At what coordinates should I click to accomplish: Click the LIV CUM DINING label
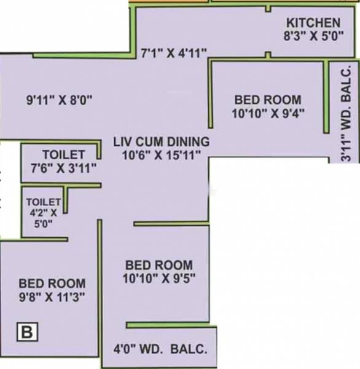click(162, 141)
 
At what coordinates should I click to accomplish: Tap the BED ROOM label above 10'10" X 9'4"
click(268, 100)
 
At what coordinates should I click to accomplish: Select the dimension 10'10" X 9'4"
click(268, 113)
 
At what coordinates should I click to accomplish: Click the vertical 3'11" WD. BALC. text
click(347, 114)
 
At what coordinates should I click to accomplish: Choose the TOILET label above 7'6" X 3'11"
click(63, 154)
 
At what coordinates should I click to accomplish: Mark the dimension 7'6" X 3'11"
click(63, 167)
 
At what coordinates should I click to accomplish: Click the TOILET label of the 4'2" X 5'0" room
click(43, 201)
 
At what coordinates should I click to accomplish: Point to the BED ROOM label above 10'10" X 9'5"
click(158, 264)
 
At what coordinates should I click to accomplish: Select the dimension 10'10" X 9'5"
click(158, 277)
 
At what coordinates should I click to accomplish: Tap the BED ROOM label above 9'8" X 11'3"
click(52, 284)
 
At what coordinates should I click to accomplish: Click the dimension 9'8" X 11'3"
click(52, 296)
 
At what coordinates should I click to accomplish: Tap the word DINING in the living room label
click(187, 141)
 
